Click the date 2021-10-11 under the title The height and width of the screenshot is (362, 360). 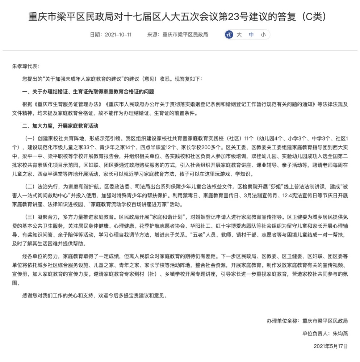[x=118, y=35]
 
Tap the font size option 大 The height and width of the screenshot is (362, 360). [x=239, y=35]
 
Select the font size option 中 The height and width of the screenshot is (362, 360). [x=251, y=35]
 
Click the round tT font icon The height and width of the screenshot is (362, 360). [x=229, y=35]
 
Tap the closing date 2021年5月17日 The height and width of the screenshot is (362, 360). [x=331, y=346]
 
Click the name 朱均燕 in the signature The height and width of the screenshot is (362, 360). [x=340, y=333]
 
